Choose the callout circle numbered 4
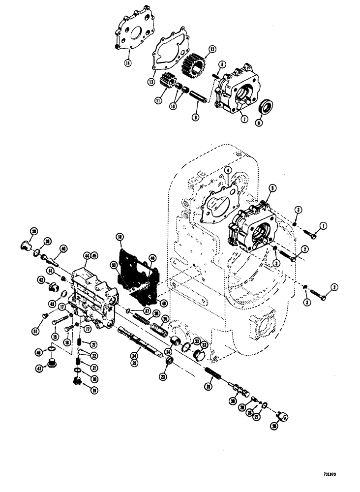tap(228, 171)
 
